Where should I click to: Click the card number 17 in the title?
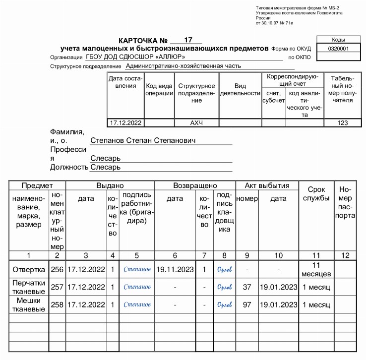(x=188, y=40)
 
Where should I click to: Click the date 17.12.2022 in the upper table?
(x=125, y=122)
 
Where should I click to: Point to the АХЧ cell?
(x=196, y=122)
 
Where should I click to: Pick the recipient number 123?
(x=342, y=122)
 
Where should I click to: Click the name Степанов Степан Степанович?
(x=143, y=140)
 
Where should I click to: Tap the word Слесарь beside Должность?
(x=106, y=168)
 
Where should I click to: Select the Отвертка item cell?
(x=28, y=270)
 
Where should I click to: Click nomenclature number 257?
(x=57, y=287)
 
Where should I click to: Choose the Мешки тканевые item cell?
(x=28, y=304)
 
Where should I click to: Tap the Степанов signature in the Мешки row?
(x=137, y=304)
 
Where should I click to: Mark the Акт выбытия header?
(x=267, y=185)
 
